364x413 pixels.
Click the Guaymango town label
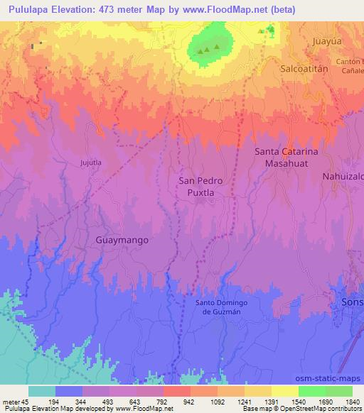[122, 240]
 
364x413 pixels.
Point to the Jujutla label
[91, 162]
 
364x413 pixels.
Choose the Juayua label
[328, 41]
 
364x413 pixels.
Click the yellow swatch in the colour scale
[284, 391]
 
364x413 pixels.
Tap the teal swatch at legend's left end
[42, 391]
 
